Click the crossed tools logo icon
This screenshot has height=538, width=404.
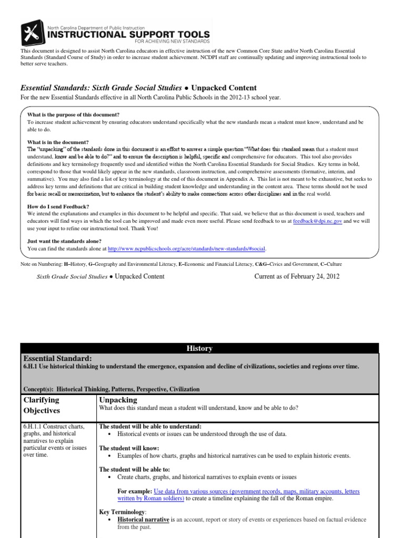click(33, 32)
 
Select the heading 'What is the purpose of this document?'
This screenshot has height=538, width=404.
click(73, 114)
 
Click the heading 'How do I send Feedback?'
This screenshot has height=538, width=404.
click(59, 206)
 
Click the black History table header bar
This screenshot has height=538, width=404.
click(199, 348)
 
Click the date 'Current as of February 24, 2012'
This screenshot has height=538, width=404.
click(297, 276)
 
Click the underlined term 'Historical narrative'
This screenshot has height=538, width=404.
click(143, 520)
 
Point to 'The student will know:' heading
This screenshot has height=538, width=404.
click(129, 448)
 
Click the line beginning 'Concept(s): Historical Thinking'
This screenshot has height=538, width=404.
click(111, 389)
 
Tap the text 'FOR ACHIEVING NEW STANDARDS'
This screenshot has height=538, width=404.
click(165, 41)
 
